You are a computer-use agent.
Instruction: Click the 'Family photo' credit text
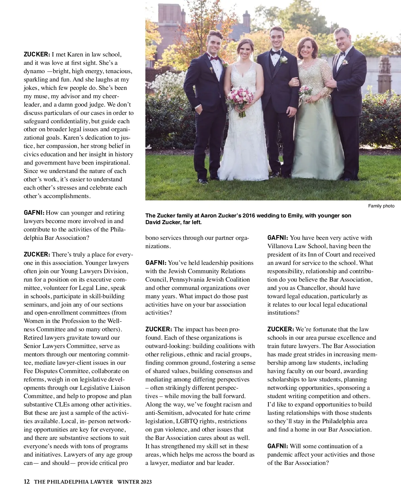381,206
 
